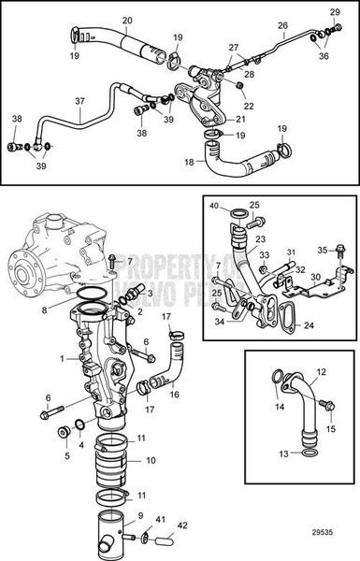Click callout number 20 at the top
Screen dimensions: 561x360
click(x=128, y=19)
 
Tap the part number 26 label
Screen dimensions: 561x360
click(x=281, y=26)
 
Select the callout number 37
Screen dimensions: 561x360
click(x=79, y=101)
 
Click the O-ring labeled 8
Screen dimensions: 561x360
click(x=91, y=298)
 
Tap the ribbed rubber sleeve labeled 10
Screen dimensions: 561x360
click(x=118, y=461)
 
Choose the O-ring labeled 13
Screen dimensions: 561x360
click(x=303, y=453)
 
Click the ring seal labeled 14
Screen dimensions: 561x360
click(x=278, y=378)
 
